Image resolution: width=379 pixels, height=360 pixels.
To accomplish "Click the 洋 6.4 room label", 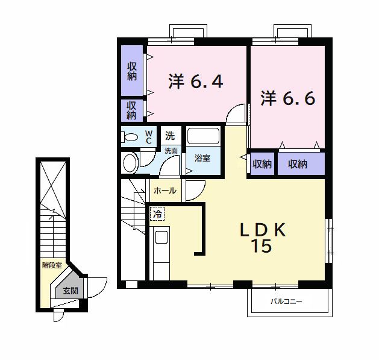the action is (x=196, y=81).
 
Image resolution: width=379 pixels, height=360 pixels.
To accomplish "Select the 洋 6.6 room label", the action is (x=288, y=98).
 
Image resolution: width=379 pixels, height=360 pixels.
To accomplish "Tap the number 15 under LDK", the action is (x=262, y=246).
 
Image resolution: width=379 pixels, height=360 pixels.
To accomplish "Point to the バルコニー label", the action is (x=286, y=302).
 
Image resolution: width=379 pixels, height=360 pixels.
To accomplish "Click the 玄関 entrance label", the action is (x=70, y=291).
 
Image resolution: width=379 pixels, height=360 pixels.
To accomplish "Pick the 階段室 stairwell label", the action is (x=52, y=265).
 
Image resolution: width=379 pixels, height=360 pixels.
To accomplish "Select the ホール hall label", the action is (x=165, y=191).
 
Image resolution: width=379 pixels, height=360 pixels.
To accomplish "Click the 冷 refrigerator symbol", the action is (x=157, y=213).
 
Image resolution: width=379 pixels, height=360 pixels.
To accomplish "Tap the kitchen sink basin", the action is (x=161, y=237).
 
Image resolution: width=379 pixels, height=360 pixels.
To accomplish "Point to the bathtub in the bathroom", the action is (x=204, y=136).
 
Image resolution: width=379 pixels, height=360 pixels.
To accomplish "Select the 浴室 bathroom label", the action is (x=202, y=159).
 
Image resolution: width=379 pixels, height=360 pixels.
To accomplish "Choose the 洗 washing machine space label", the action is (x=170, y=136).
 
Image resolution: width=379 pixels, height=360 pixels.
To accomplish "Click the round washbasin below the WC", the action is (x=131, y=163).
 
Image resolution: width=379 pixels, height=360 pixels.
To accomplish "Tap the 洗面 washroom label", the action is (x=171, y=151).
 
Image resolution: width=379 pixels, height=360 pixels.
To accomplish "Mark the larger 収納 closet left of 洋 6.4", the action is (x=132, y=71).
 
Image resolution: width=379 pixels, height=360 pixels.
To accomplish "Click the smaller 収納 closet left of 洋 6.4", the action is (x=132, y=110).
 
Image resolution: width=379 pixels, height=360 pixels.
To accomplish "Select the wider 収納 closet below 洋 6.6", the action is (x=301, y=163).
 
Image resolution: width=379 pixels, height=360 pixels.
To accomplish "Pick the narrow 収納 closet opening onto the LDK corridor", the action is (x=262, y=163).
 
